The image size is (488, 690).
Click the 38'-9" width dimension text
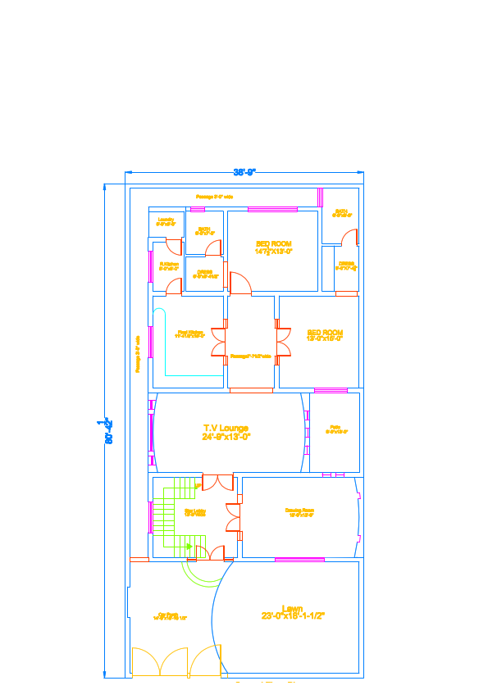click(x=244, y=172)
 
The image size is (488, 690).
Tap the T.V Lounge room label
click(x=226, y=433)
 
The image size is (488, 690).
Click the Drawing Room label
click(x=299, y=512)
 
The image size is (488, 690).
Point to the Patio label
click(x=335, y=429)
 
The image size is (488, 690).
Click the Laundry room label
click(x=166, y=221)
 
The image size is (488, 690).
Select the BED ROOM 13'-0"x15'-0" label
click(x=324, y=334)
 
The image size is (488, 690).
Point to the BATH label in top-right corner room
click(x=341, y=213)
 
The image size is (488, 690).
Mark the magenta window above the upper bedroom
click(x=272, y=209)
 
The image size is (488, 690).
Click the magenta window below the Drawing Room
click(x=299, y=560)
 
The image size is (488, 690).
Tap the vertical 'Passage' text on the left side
click(x=138, y=354)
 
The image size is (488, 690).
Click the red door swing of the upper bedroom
click(x=239, y=284)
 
